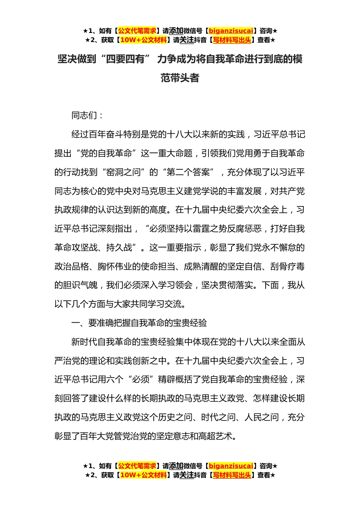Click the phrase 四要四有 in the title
125,59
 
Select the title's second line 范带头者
180,78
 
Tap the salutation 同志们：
88,116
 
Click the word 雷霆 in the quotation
201,229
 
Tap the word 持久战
119,248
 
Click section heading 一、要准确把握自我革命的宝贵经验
139,323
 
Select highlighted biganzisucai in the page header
231,31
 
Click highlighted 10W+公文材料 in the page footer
143,475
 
